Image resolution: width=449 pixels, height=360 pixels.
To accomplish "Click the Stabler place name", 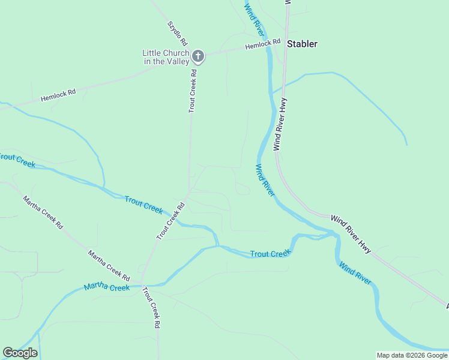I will coord(302,44).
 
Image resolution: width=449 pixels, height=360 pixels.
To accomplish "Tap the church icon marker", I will coord(198,57).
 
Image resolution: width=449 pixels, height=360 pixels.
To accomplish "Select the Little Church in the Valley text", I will coord(166,57).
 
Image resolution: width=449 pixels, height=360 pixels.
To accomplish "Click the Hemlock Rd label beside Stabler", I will coord(263,44).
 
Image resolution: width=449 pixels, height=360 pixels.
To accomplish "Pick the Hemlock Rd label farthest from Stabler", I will coord(58,95).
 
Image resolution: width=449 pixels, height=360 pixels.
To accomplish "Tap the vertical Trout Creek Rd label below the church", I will coord(193,91).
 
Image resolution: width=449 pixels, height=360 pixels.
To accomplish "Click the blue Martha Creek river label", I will coord(107,287).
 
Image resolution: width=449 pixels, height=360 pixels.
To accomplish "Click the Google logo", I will coord(20,353).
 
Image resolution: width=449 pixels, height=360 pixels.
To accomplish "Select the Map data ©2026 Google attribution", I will coord(412,355).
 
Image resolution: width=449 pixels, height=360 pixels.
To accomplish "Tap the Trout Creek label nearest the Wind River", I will coord(270,254).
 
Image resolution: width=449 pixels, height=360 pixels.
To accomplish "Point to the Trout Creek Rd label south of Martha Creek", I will coord(151,307).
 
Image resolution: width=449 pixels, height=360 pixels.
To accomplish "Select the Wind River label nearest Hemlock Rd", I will coord(254,19).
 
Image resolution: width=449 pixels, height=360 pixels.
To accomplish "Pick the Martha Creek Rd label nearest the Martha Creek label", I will coord(109,266).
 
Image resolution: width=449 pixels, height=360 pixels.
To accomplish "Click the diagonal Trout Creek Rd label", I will coord(170,221).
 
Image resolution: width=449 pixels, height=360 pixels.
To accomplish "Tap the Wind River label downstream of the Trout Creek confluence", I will coord(355,272).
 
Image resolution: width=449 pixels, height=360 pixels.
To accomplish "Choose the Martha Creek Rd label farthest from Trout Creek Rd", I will coord(43,212).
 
